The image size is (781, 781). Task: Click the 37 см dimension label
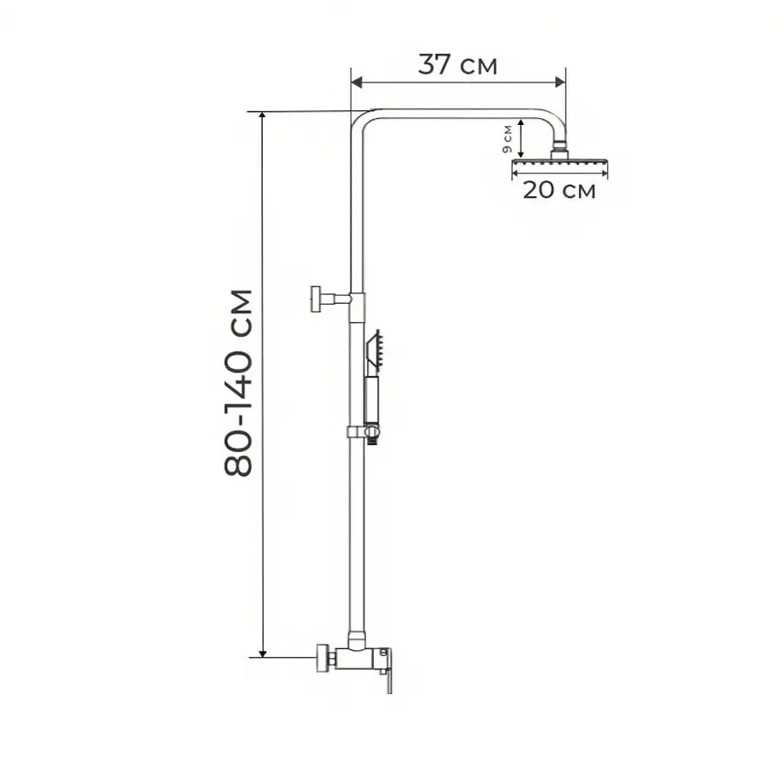tap(457, 65)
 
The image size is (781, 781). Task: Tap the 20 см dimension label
tap(559, 190)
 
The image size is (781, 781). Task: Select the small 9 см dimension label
tap(508, 139)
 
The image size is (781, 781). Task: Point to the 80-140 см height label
tap(238, 383)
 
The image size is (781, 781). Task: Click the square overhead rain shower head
tap(560, 162)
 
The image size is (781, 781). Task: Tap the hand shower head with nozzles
tap(375, 352)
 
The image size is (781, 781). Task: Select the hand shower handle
tap(372, 402)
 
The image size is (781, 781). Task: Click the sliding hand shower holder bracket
tap(364, 432)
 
